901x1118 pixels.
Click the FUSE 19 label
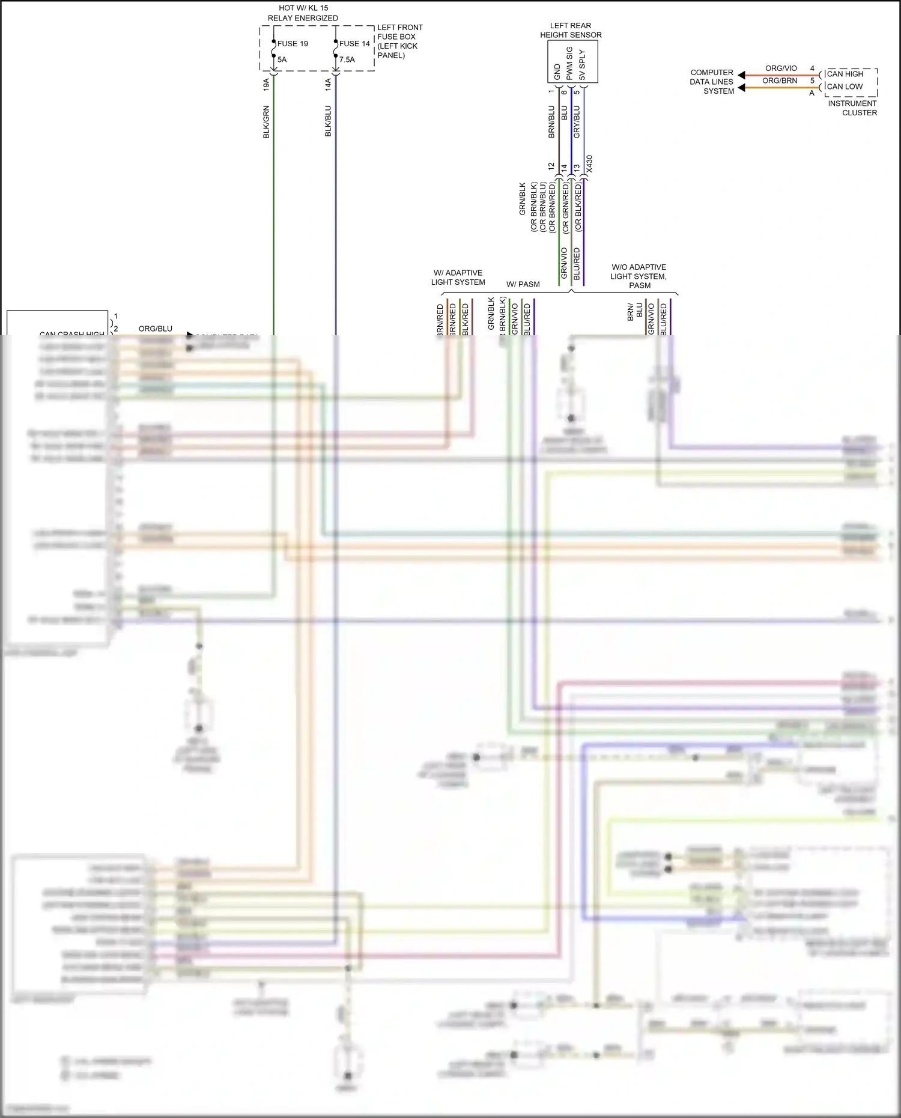coord(293,44)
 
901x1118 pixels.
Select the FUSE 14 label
coord(354,44)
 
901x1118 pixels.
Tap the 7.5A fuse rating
coord(347,59)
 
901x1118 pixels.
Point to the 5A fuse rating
coord(282,59)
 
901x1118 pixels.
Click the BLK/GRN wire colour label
coord(266,122)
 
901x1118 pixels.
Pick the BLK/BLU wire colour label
coord(328,121)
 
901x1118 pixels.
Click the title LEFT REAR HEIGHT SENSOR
coord(571,30)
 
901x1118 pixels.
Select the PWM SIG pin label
coord(569,63)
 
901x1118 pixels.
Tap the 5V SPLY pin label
coord(581,65)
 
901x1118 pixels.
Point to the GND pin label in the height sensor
coord(557,71)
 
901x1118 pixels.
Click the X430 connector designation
coord(589,164)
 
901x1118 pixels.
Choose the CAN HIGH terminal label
coord(845,74)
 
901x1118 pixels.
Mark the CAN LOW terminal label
coord(845,87)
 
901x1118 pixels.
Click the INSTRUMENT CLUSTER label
coord(852,108)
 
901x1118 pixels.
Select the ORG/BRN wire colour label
coord(780,81)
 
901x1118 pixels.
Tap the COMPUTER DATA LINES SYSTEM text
coord(712,82)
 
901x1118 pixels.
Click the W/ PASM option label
coord(523,284)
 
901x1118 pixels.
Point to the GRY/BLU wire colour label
coord(577,122)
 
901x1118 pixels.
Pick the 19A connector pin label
coord(266,84)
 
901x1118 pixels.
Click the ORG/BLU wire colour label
coord(156,329)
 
